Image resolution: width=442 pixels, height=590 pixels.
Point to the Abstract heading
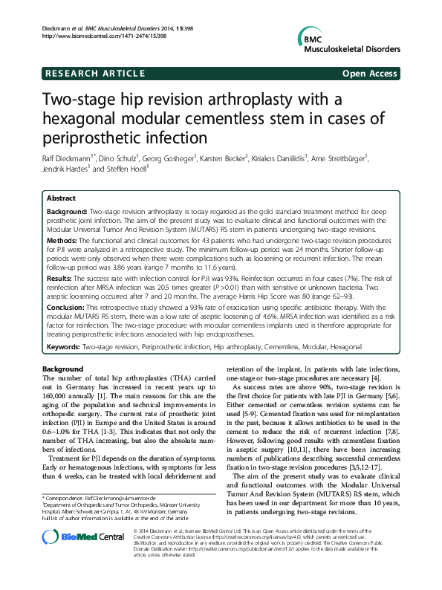62,199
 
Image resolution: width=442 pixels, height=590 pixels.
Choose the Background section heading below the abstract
62,370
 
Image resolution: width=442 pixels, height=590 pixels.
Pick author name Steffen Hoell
128,169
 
